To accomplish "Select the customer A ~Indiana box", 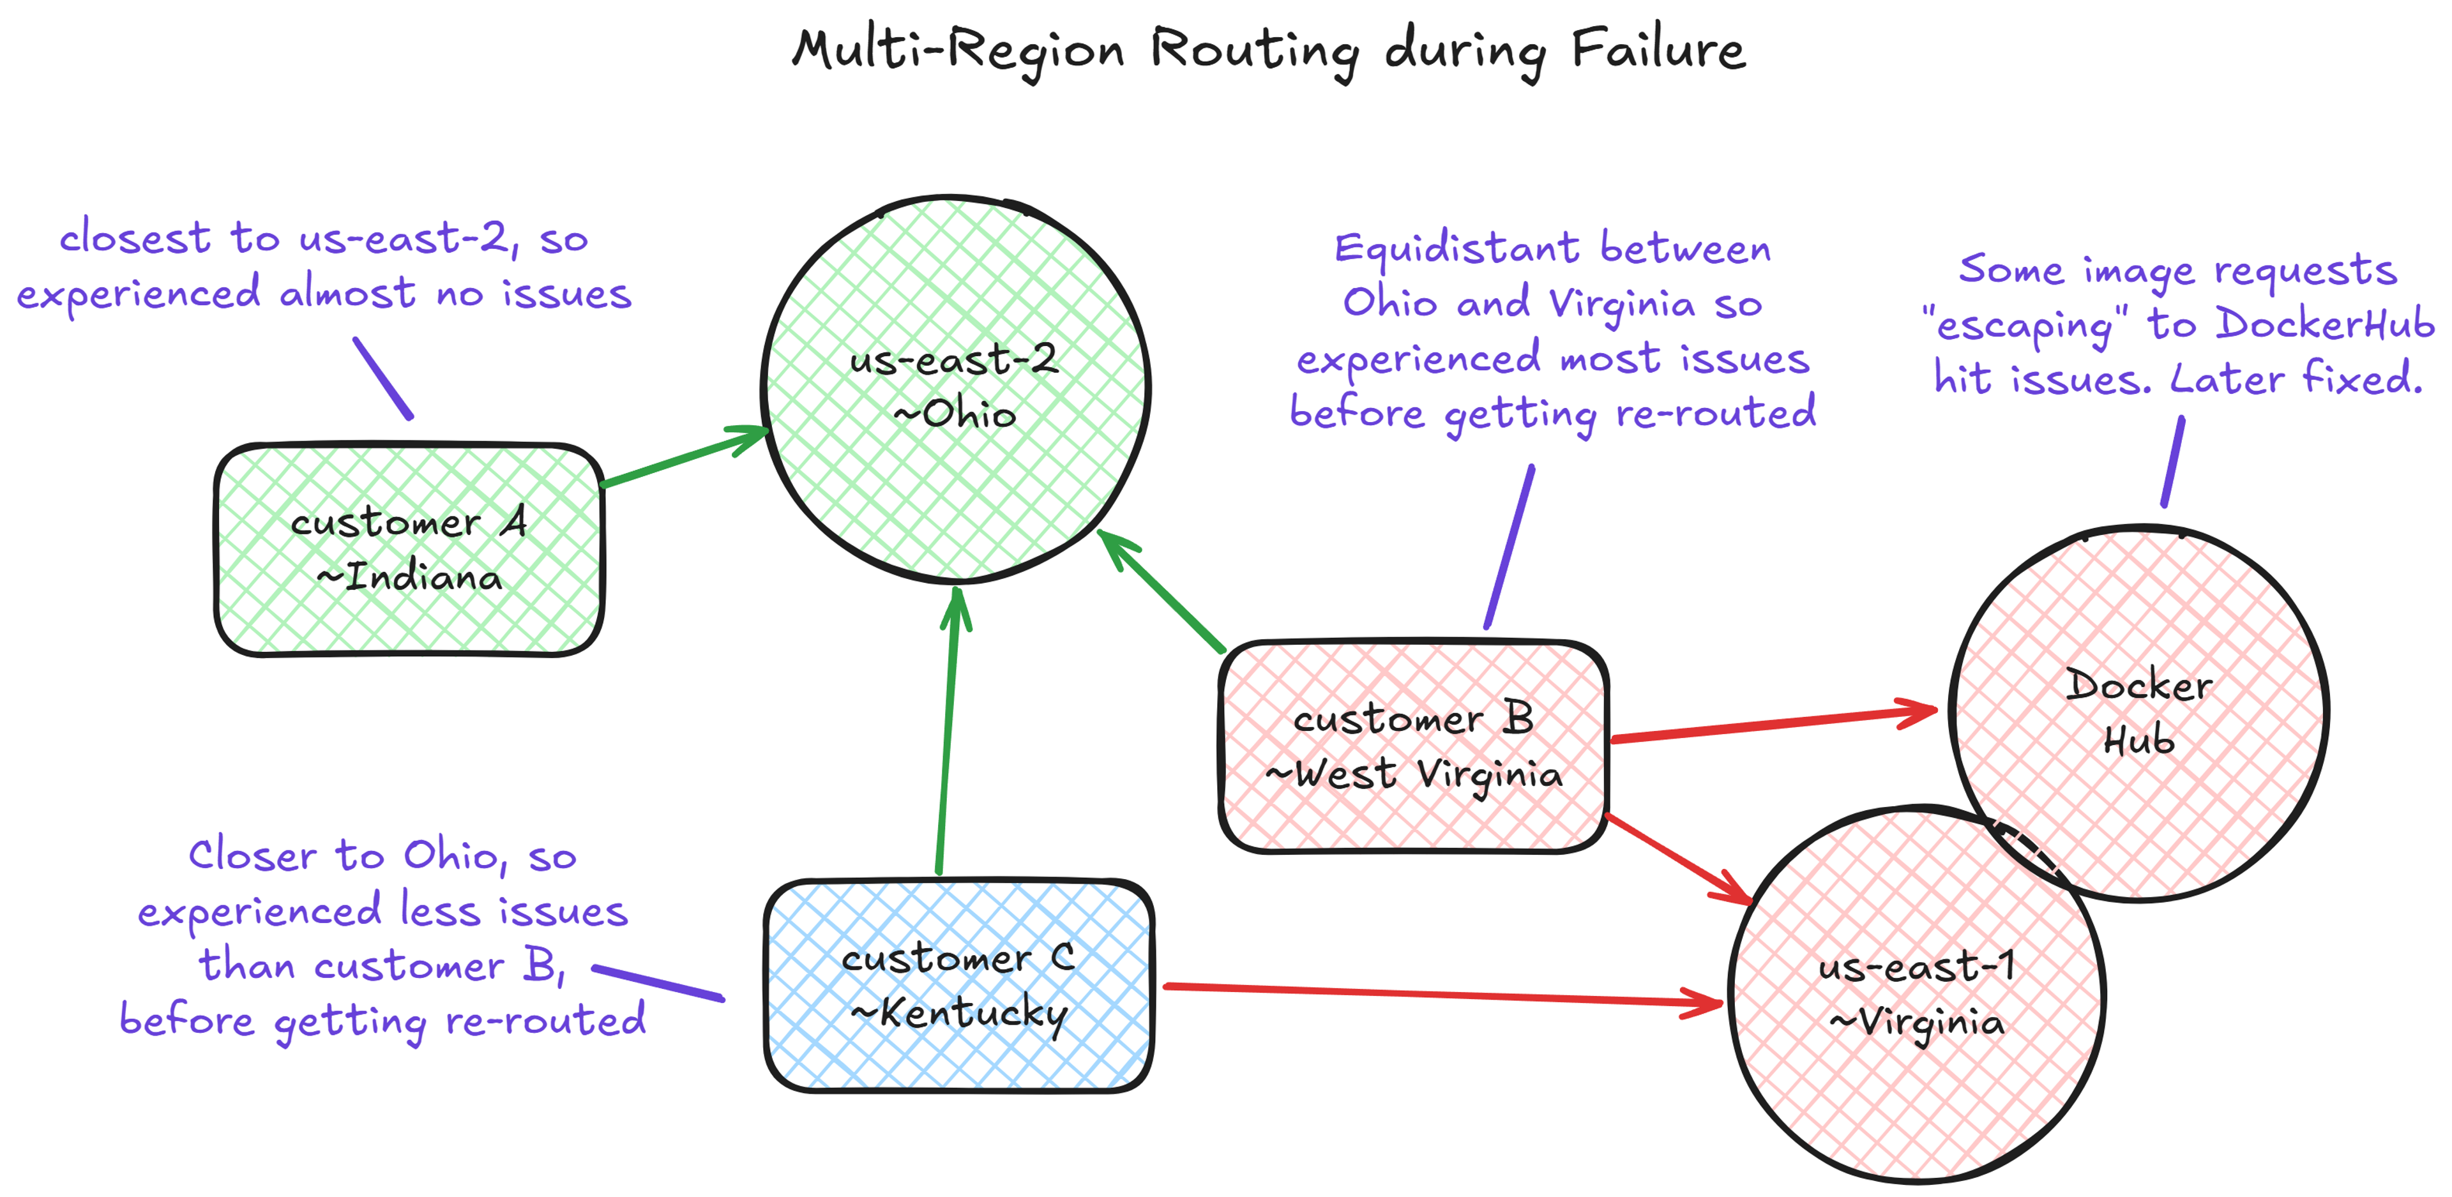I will (x=409, y=549).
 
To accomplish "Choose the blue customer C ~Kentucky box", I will (x=958, y=985).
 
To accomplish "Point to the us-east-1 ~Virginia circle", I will (x=1916, y=995).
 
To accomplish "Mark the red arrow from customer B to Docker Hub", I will (x=1771, y=724).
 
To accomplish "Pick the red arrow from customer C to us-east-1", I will (x=1437, y=993).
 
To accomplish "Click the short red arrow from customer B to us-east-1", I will (x=1677, y=858).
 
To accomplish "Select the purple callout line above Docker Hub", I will (x=2172, y=462).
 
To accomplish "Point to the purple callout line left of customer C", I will (x=657, y=983).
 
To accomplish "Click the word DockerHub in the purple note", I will (x=2322, y=324).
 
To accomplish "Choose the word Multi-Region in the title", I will (x=958, y=50).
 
